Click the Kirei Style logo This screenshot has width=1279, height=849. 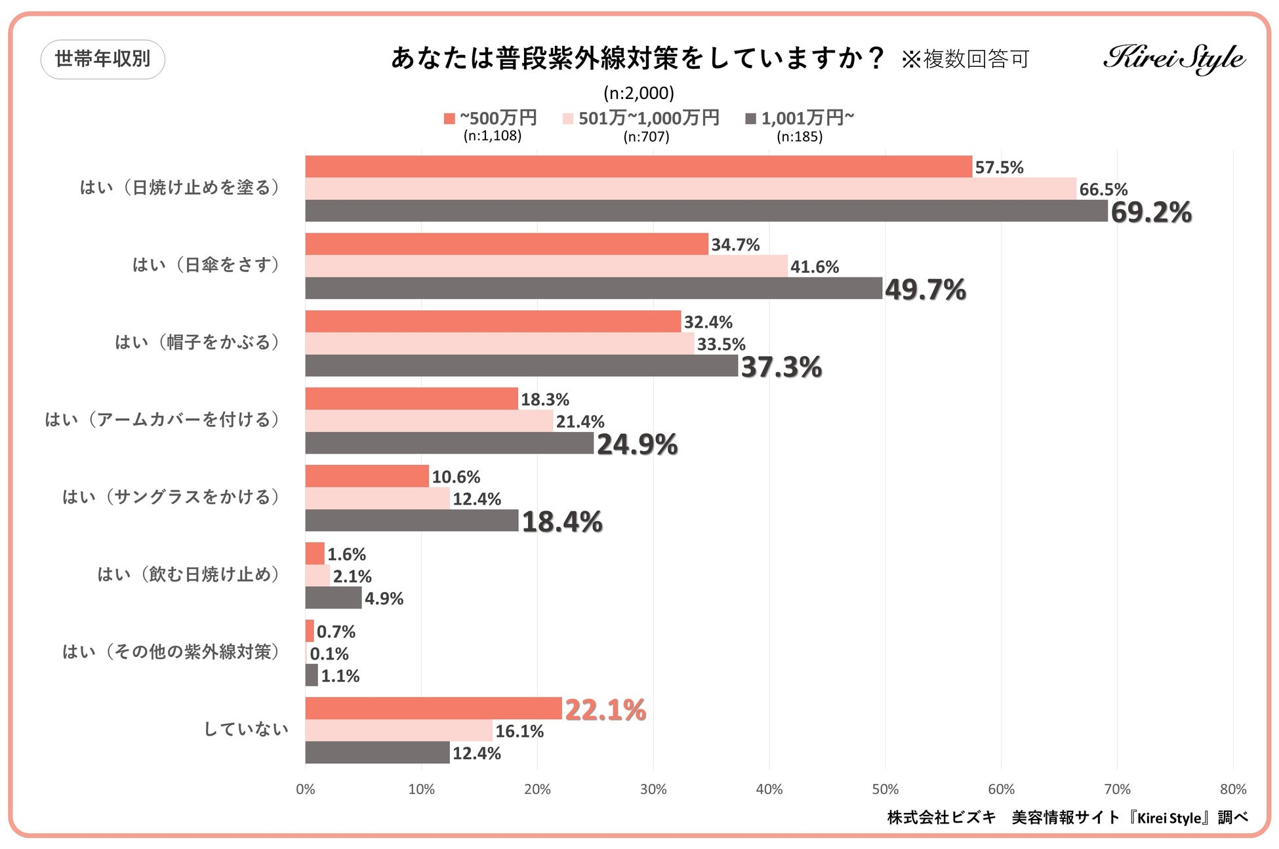click(1174, 59)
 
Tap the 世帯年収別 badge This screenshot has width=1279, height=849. click(102, 59)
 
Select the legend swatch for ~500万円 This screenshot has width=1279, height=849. click(449, 119)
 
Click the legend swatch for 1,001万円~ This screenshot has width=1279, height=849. click(751, 119)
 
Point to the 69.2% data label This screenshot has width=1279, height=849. click(1151, 212)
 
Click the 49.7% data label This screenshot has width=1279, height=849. click(925, 290)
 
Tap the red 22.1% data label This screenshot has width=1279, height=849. click(605, 710)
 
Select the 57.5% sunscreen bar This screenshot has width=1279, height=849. click(638, 167)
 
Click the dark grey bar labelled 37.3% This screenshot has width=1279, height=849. click(521, 366)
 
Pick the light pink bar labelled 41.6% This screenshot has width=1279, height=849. click(546, 266)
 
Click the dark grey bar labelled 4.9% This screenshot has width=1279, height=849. click(333, 598)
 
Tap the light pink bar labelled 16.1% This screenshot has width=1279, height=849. click(398, 730)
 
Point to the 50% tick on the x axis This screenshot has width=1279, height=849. click(885, 789)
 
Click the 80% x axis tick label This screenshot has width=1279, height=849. click(1232, 789)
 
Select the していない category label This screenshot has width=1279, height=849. click(246, 729)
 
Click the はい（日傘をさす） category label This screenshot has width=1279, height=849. click(207, 265)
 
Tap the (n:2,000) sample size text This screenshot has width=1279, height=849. click(639, 93)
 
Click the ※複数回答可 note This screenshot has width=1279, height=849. click(965, 60)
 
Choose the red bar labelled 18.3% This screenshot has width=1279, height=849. click(411, 399)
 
